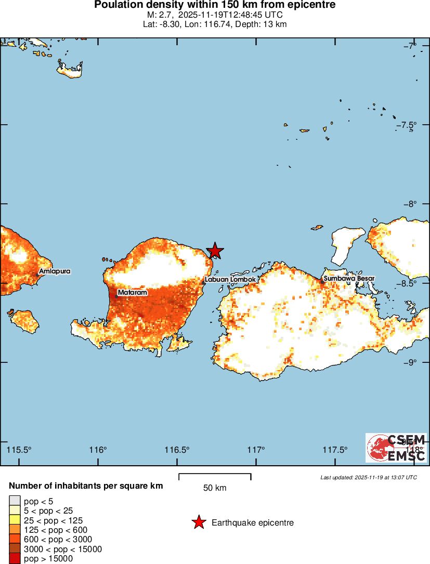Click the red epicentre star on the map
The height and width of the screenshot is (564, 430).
(x=215, y=251)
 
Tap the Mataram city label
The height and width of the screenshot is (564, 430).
(x=132, y=293)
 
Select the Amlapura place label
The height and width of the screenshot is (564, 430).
(x=55, y=271)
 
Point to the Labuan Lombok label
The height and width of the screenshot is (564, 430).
(x=230, y=280)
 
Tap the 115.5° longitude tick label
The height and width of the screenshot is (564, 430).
(x=20, y=450)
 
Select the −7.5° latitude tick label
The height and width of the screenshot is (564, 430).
(x=409, y=125)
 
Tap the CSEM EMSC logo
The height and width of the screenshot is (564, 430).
(x=396, y=448)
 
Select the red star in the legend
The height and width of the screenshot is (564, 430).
(x=198, y=522)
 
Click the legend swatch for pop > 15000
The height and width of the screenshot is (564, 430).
(x=15, y=559)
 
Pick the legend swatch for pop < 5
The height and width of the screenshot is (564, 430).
(x=15, y=501)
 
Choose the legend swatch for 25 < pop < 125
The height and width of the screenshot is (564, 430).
(x=15, y=520)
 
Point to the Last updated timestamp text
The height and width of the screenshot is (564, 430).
(x=369, y=477)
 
